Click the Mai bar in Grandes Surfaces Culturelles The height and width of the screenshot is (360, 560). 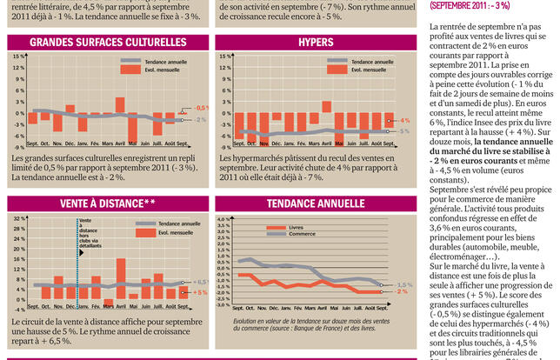pyautogui.click(x=133, y=115)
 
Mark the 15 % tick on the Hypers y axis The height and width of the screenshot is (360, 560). pyautogui.click(x=225, y=56)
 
